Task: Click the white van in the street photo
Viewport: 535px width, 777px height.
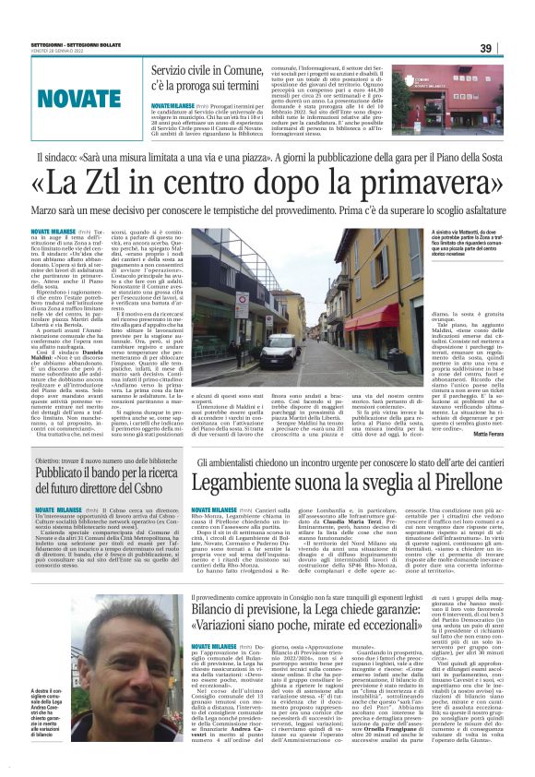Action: [x=278, y=353]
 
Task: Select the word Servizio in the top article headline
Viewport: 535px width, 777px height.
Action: [x=176, y=70]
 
